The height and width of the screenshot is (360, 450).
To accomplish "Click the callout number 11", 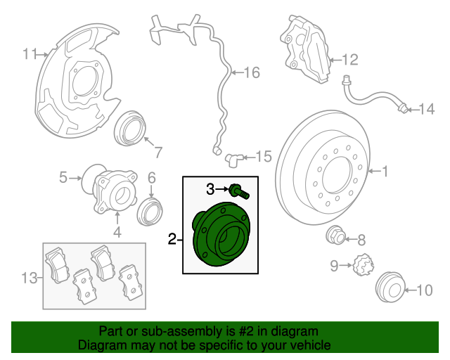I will (x=29, y=54).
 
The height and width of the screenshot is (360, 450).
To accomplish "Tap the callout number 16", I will (x=252, y=72).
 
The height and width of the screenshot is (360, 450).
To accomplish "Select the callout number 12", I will (x=350, y=59).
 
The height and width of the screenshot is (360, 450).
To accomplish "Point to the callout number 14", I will (x=427, y=108).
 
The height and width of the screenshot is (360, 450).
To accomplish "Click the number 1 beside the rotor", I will (x=385, y=170).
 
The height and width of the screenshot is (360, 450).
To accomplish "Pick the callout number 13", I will (x=27, y=278).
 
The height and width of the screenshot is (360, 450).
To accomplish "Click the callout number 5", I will (x=63, y=178).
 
